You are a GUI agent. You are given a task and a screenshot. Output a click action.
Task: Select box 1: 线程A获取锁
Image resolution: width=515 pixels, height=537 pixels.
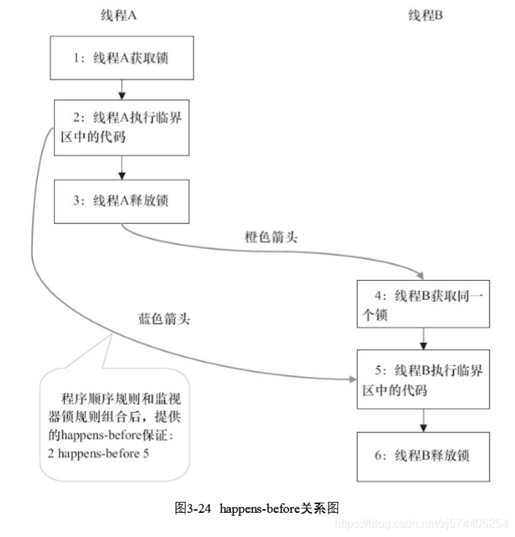click(x=122, y=59)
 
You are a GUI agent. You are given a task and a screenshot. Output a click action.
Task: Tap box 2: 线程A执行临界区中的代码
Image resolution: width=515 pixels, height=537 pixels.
click(x=122, y=126)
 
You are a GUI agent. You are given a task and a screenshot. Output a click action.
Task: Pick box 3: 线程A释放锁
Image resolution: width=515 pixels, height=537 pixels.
click(x=122, y=200)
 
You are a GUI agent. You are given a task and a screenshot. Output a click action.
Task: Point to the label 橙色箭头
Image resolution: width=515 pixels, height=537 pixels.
click(x=271, y=238)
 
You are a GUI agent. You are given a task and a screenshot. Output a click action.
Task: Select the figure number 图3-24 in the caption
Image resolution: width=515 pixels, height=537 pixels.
click(x=193, y=509)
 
